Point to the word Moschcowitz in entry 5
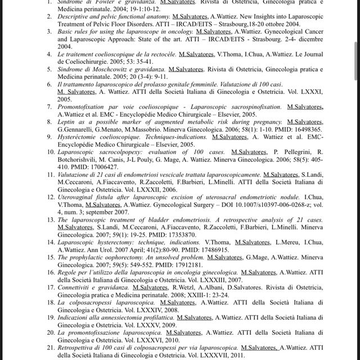116,68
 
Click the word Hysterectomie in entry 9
85,137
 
